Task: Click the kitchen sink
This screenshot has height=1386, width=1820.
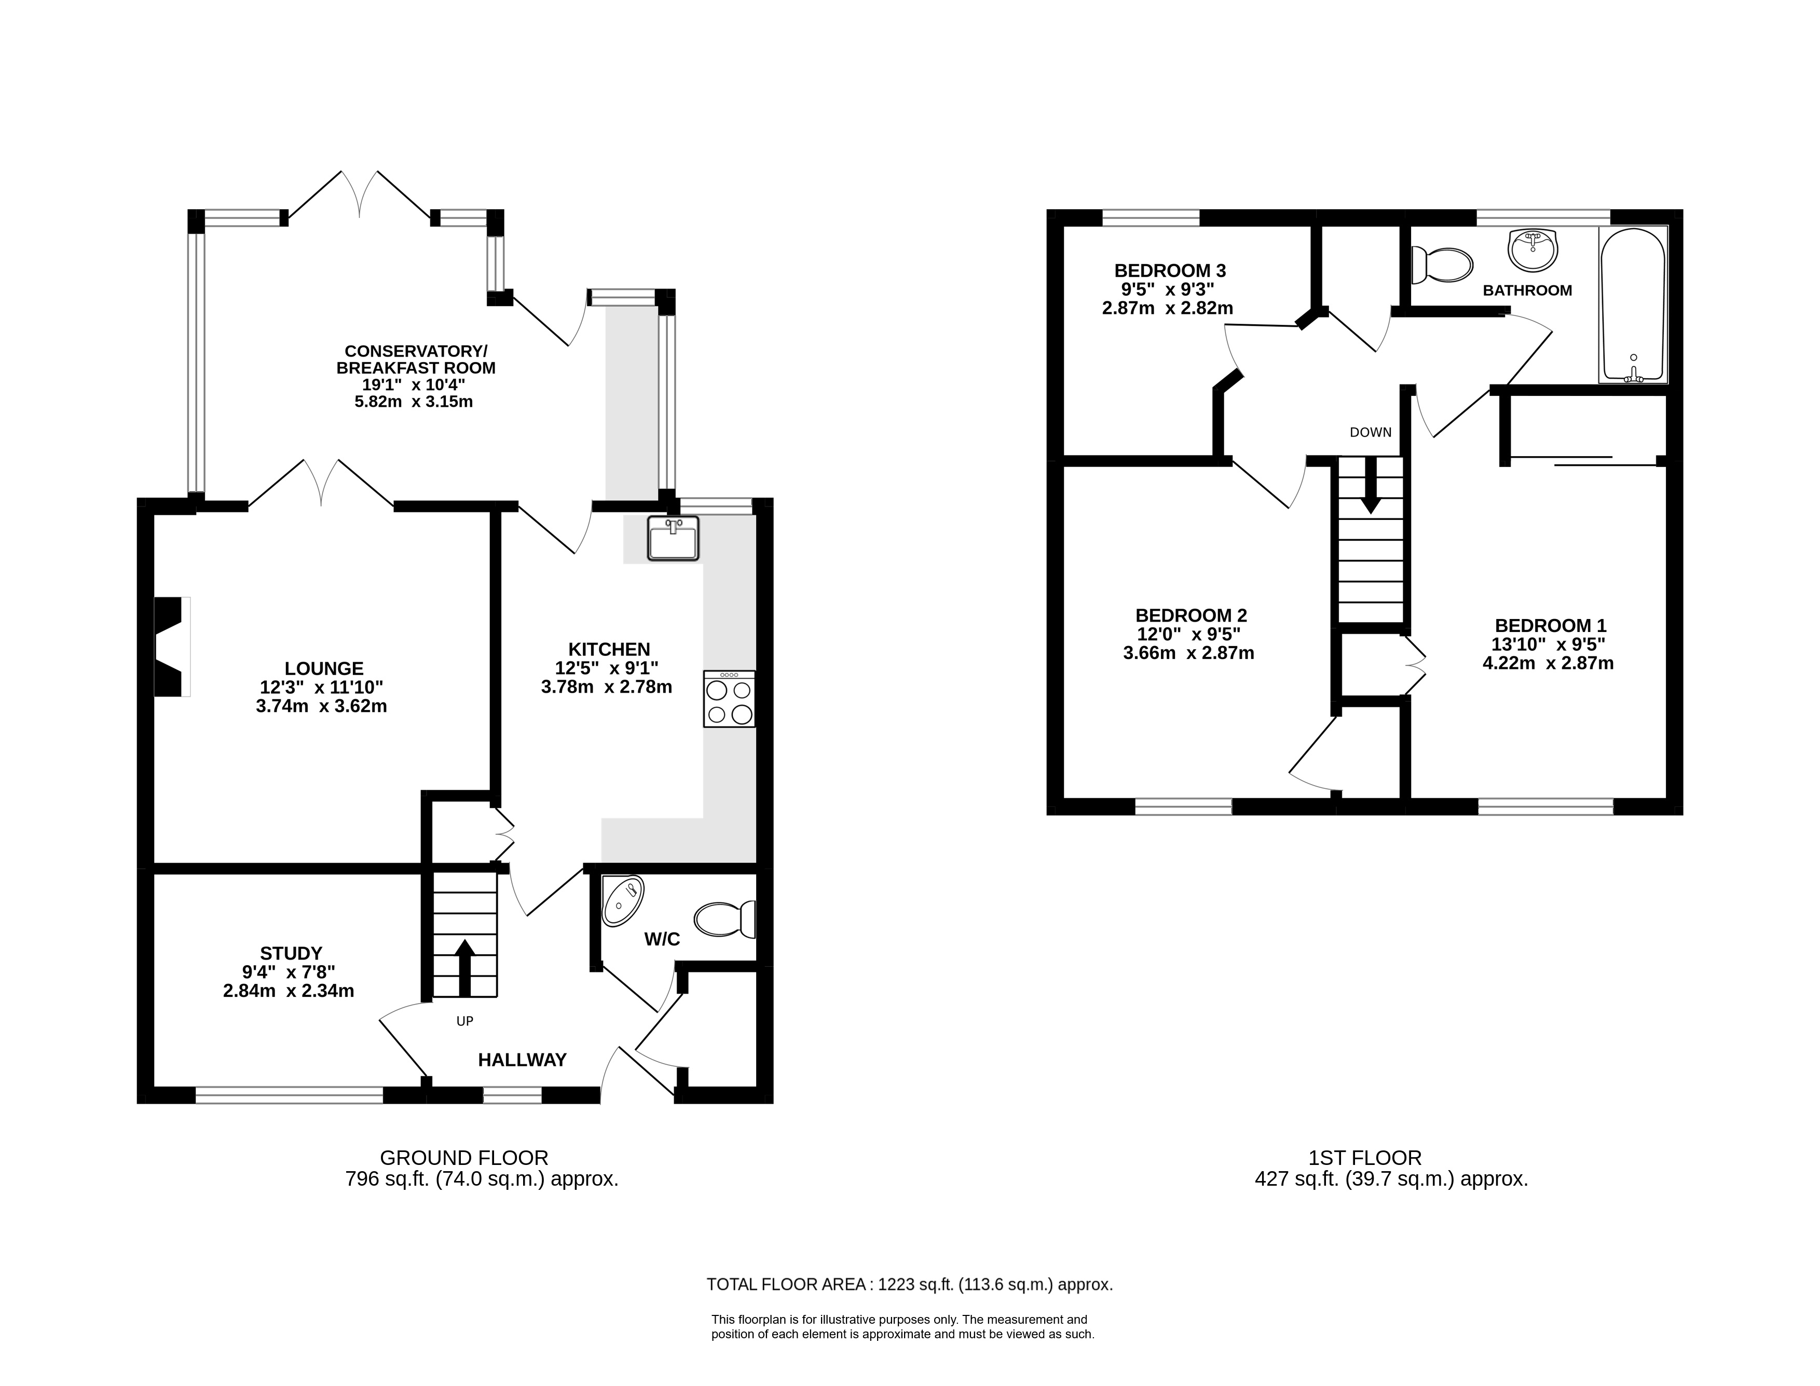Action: tap(673, 538)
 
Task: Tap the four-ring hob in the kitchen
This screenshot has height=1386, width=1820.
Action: tap(729, 699)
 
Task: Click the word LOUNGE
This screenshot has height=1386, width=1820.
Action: tap(323, 668)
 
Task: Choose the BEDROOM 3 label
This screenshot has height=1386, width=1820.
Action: tap(1170, 270)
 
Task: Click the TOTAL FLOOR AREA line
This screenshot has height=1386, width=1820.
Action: tap(910, 1284)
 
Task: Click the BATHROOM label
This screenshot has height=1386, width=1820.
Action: tap(1527, 291)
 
